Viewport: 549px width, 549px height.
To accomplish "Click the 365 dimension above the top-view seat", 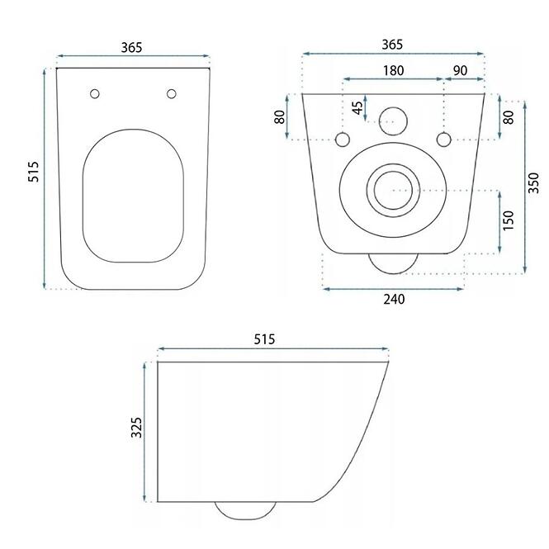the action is tap(131, 47).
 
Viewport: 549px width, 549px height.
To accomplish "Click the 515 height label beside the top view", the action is tap(33, 171).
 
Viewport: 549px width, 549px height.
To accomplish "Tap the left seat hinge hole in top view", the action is tap(95, 94).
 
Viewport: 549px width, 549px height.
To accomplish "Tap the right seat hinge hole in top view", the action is tap(171, 94).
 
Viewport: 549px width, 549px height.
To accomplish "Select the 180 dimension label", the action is tap(394, 71).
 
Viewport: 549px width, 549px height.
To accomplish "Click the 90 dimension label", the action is tap(460, 71).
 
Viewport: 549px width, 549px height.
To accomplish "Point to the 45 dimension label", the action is tap(357, 107).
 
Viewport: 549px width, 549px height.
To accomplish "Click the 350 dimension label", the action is tap(533, 182).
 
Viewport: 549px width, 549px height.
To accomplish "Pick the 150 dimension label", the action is tap(508, 220).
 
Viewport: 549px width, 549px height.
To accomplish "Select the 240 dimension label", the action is tap(394, 300).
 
